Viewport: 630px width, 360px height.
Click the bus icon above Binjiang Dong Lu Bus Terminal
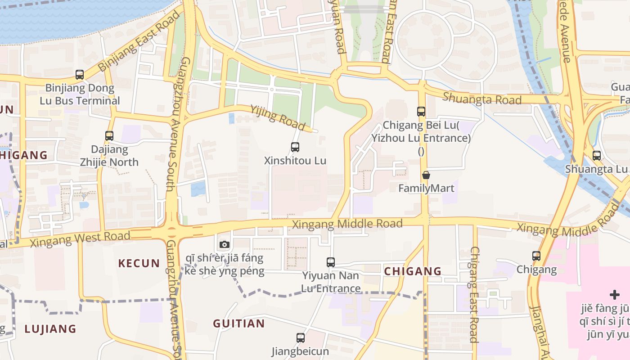80,75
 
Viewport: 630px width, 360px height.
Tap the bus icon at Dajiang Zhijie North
109,135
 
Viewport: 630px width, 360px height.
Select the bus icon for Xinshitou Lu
295,147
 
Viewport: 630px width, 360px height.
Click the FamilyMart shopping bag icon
426,175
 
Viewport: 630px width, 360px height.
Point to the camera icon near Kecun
224,244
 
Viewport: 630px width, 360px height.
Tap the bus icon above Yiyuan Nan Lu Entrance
331,262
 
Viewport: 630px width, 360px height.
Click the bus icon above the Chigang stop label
536,256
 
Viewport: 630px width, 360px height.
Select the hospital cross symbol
615,295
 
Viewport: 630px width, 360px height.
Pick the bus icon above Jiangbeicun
300,337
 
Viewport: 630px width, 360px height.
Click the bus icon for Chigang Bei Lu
421,111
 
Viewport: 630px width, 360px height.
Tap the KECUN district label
139,263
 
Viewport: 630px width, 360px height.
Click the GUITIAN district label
239,324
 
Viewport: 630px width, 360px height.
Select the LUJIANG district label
51,328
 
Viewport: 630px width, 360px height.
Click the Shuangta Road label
482,99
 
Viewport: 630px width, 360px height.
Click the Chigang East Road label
474,294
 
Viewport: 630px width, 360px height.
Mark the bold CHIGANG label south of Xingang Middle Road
413,271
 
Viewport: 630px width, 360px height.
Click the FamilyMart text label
426,188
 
